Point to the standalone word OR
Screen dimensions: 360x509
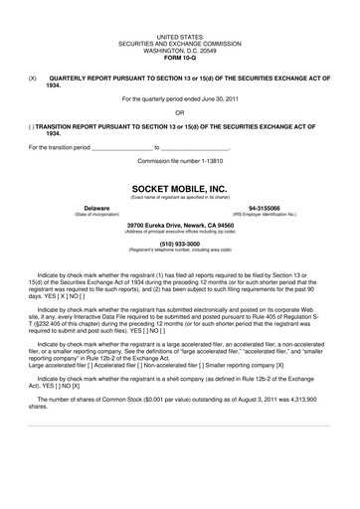tap(179, 112)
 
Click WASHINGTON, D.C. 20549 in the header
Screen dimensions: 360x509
tap(179, 47)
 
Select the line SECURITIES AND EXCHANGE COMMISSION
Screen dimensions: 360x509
tap(179, 41)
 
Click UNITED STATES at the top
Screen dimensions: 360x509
tap(179, 35)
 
